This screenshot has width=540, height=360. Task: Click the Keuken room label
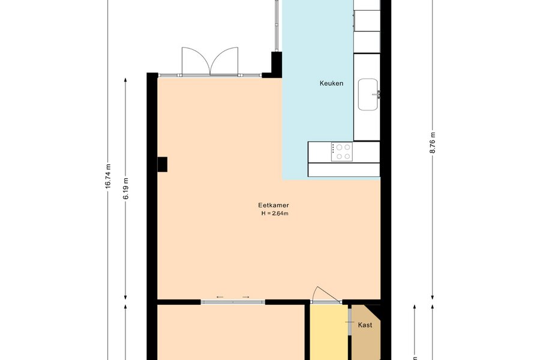point(331,83)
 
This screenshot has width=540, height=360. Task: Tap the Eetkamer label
point(274,205)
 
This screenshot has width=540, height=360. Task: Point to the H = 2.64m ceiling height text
point(275,213)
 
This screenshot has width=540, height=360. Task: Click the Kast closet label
point(365,325)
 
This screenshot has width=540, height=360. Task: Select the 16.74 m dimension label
point(108,176)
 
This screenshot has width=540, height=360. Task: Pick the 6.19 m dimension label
point(126,188)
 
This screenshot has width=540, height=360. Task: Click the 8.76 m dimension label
point(433,143)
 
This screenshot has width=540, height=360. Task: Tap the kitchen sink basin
point(368,95)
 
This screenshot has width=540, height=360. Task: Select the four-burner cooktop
point(342,152)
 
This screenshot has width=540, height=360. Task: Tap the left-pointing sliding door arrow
point(220,297)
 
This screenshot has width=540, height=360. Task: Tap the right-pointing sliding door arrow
point(245,297)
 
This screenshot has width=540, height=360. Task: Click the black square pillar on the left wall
point(162,164)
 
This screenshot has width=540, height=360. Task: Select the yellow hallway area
point(329,332)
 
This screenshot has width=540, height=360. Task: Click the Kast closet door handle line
point(350,322)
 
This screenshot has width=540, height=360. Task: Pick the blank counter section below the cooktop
point(344,169)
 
